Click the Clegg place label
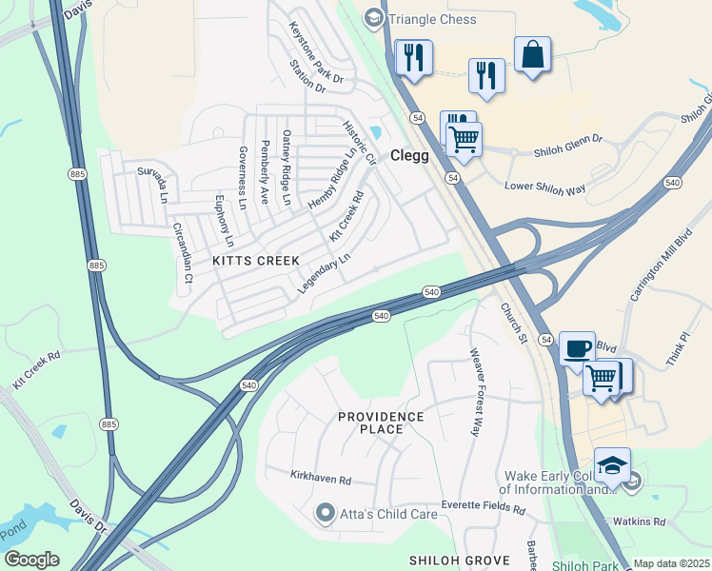pos(411,156)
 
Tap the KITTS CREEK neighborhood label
pos(256,261)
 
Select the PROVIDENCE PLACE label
pos(381,423)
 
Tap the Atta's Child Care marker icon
pos(326,514)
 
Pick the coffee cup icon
pos(576,348)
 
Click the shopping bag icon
pos(532,55)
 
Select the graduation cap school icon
pos(612,464)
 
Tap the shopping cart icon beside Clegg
pos(464,139)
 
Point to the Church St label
pos(514,324)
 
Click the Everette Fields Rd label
pos(483,509)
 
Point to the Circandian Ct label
pos(181,254)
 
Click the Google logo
pos(31,560)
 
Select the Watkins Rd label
pos(639,522)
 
